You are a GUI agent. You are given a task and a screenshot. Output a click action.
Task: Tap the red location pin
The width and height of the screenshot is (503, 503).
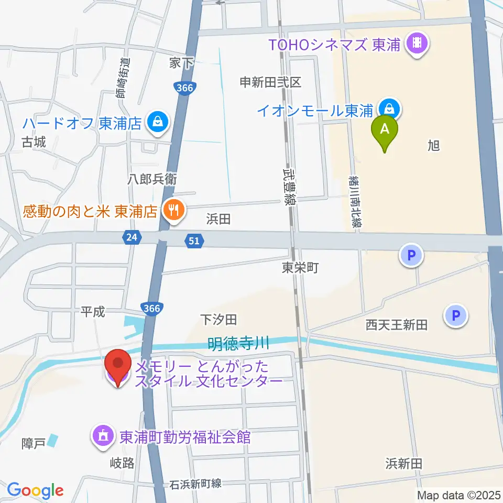click(x=118, y=367)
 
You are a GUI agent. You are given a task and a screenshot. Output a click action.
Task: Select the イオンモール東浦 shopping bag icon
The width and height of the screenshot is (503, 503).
click(x=389, y=110)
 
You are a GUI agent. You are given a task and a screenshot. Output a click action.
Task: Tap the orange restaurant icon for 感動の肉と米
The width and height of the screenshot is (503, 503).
click(x=173, y=211)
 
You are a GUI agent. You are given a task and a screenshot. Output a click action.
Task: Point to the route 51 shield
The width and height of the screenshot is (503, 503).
click(x=193, y=240)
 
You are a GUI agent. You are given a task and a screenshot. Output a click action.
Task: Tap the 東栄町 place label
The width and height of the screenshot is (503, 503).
click(x=300, y=268)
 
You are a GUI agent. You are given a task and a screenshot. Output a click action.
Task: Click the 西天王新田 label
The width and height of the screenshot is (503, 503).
click(x=397, y=325)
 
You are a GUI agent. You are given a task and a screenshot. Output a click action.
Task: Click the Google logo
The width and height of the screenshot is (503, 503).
click(x=35, y=490)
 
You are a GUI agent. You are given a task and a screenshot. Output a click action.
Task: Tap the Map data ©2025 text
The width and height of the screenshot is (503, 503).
click(x=459, y=495)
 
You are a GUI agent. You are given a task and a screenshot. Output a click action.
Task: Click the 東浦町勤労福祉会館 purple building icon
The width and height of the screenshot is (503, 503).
click(x=102, y=436)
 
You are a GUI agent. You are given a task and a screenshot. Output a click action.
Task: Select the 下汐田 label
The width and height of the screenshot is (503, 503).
click(x=220, y=319)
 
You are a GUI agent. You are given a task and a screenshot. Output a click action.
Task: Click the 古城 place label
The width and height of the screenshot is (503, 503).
click(x=34, y=142)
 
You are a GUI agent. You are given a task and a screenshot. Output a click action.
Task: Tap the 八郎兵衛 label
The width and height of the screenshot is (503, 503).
click(x=152, y=179)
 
